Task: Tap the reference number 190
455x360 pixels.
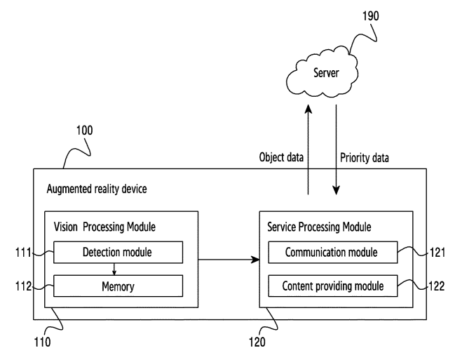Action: coord(371,16)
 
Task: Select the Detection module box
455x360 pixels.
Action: coord(118,252)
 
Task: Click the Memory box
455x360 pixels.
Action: coord(118,286)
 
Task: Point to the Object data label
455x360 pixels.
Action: coord(280,157)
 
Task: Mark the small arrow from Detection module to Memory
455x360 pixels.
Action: coord(114,269)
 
